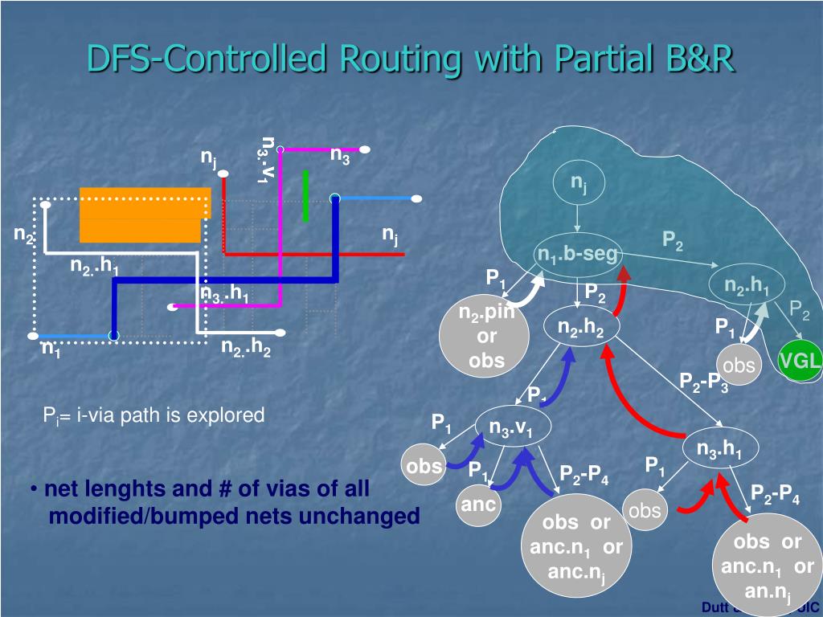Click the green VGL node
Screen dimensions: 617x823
pyautogui.click(x=800, y=362)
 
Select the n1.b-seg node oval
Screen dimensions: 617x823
pyautogui.click(x=579, y=255)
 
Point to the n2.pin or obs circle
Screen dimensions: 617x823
pyautogui.click(x=485, y=337)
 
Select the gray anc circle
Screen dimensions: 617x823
pyautogui.click(x=478, y=505)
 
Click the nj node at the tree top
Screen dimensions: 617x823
pyautogui.click(x=578, y=184)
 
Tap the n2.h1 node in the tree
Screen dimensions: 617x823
pyautogui.click(x=747, y=287)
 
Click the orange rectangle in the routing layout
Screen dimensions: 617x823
pyautogui.click(x=143, y=214)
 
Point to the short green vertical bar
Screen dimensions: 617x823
pyautogui.click(x=305, y=195)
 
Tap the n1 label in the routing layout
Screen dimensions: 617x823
pyautogui.click(x=51, y=349)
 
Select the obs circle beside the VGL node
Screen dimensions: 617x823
pyautogui.click(x=739, y=366)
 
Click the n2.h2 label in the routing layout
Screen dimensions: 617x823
pyautogui.click(x=246, y=348)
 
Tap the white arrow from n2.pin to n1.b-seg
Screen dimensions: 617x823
pyautogui.click(x=526, y=289)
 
